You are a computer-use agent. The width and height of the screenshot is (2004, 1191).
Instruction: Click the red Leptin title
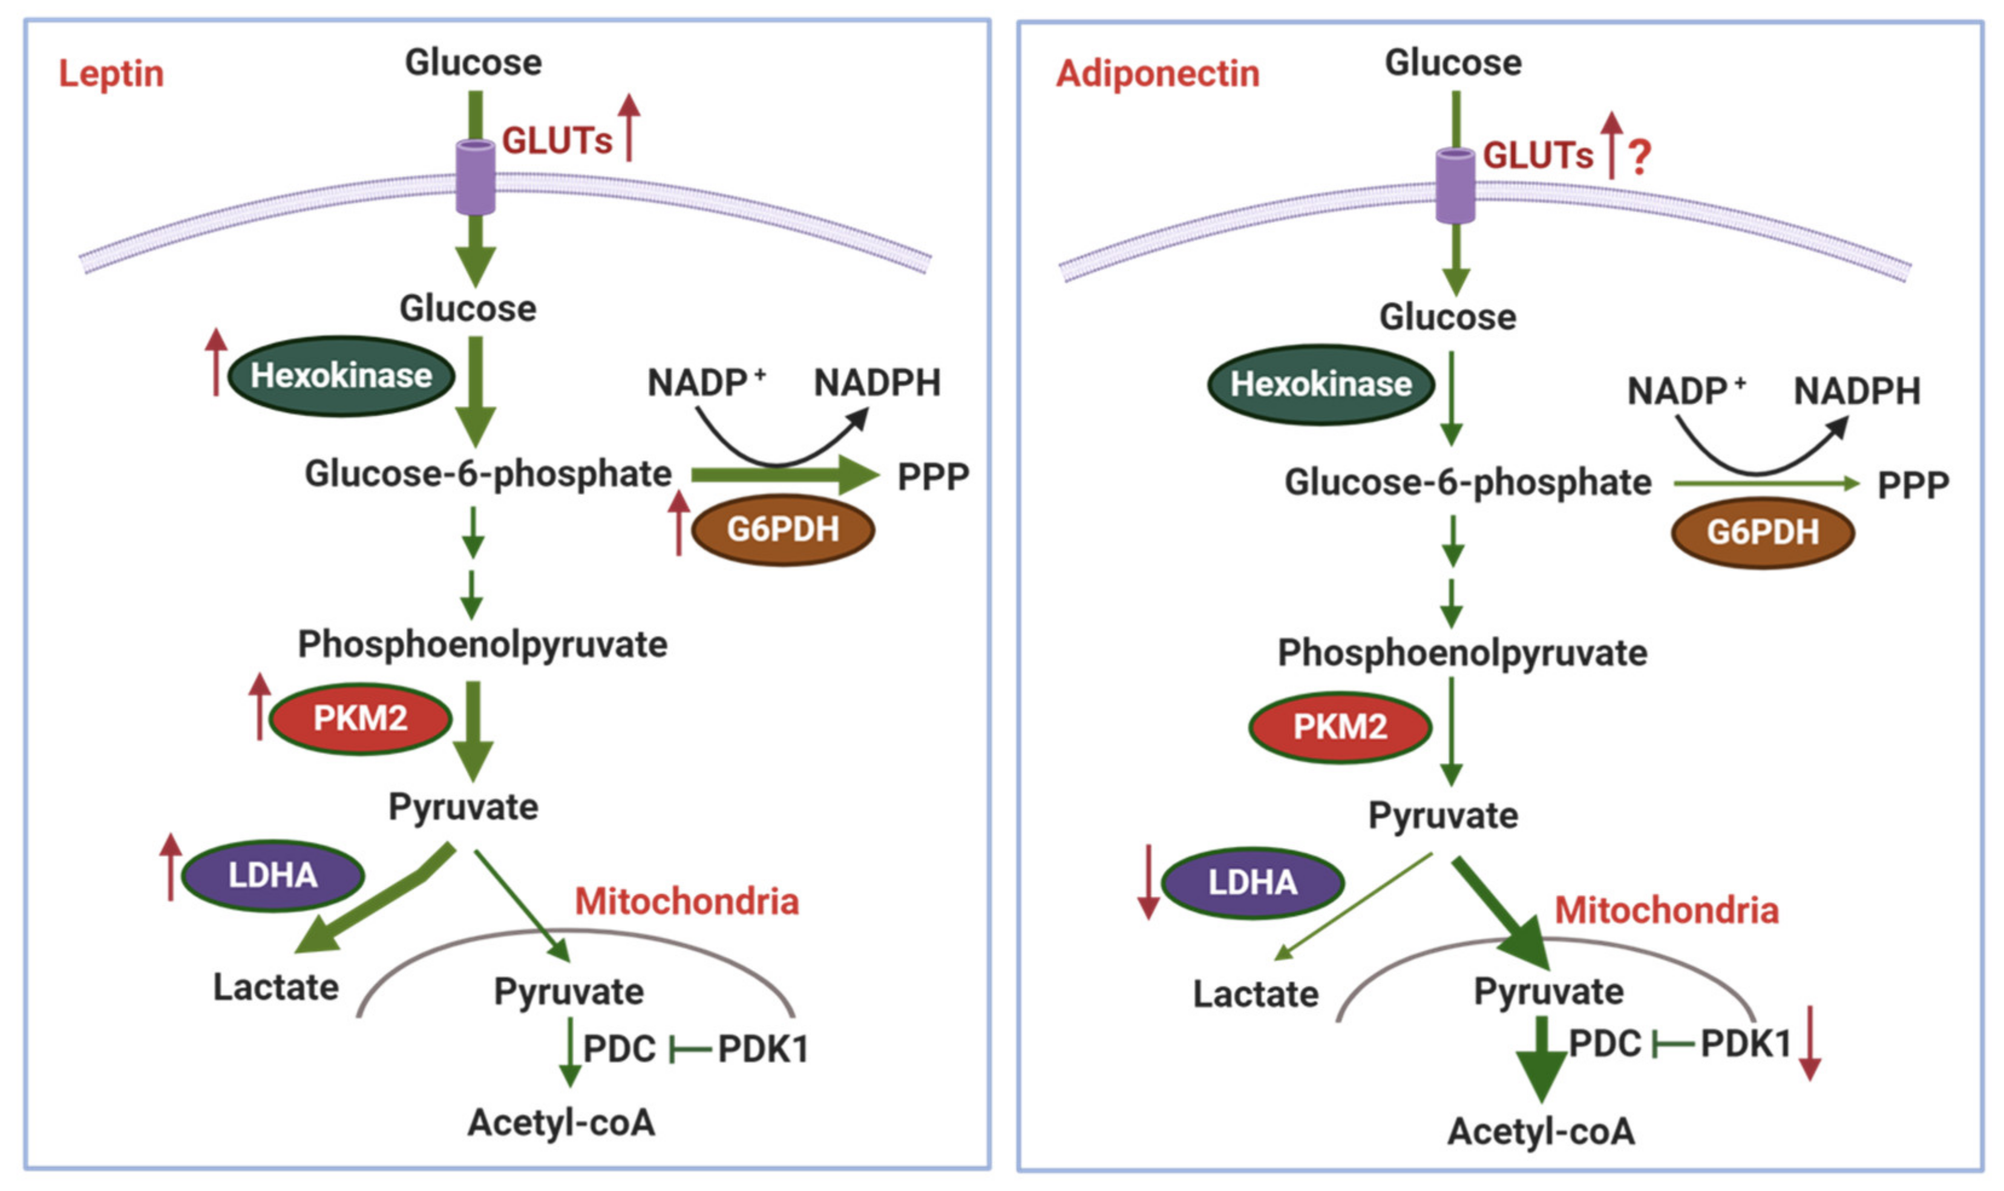pyautogui.click(x=111, y=74)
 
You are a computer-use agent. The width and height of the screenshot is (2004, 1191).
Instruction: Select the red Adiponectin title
pyautogui.click(x=1158, y=74)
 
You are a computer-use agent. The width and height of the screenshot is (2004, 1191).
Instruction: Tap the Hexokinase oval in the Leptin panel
pyautogui.click(x=342, y=376)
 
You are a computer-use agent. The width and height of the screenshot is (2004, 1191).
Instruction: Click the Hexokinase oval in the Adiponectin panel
pyautogui.click(x=1321, y=384)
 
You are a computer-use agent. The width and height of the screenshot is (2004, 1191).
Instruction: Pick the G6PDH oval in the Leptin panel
pyautogui.click(x=783, y=530)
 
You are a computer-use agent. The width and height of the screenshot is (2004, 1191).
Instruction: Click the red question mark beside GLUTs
pyautogui.click(x=1640, y=157)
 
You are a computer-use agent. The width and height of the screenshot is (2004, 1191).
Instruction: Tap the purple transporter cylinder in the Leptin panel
pyautogui.click(x=476, y=177)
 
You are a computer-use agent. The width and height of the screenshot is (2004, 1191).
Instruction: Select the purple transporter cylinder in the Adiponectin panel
pyautogui.click(x=1455, y=185)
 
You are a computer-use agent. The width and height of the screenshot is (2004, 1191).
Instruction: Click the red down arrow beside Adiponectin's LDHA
pyautogui.click(x=1149, y=881)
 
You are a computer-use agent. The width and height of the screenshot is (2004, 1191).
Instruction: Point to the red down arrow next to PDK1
pyautogui.click(x=1810, y=1043)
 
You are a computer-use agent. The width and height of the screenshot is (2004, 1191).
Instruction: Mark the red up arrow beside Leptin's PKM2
pyautogui.click(x=259, y=706)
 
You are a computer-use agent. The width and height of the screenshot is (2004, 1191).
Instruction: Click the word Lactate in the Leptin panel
pyautogui.click(x=276, y=987)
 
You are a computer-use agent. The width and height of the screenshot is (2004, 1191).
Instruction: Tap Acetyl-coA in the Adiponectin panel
pyautogui.click(x=1541, y=1132)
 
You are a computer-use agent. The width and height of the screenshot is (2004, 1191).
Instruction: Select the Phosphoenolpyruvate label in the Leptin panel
pyautogui.click(x=482, y=645)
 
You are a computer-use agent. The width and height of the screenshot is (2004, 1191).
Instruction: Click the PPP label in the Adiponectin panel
pyautogui.click(x=1913, y=485)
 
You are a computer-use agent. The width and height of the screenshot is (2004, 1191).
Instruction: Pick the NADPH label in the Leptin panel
pyautogui.click(x=877, y=383)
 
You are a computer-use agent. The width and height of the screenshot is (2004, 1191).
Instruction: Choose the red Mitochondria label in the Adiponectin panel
pyautogui.click(x=1667, y=911)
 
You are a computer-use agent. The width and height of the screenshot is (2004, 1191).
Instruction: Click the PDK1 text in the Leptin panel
pyautogui.click(x=763, y=1049)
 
